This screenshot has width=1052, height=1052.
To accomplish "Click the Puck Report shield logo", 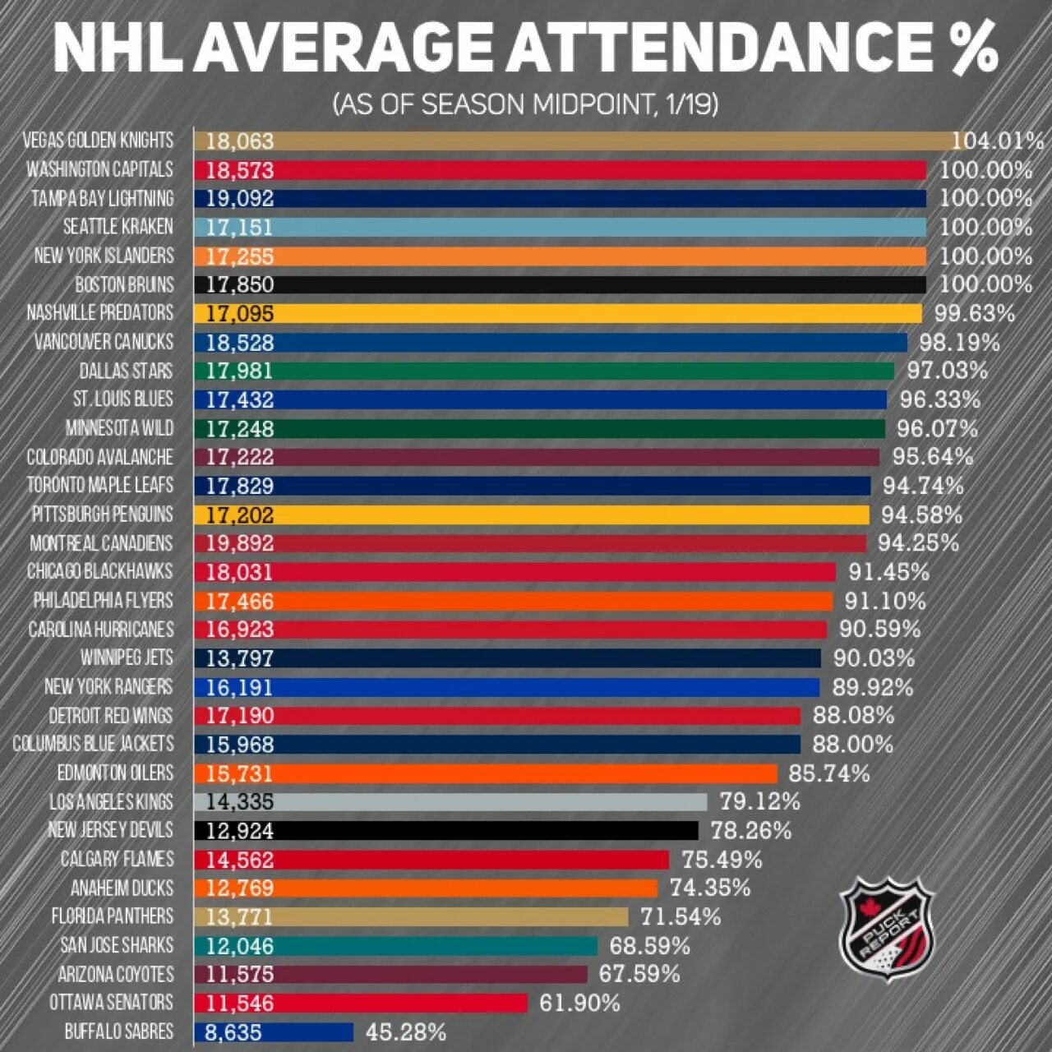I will point(887,929).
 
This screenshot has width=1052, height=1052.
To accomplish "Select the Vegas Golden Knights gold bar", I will point(575,141).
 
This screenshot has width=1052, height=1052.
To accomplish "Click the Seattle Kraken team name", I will point(118,227).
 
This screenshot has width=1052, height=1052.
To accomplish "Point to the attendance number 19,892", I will point(239,543).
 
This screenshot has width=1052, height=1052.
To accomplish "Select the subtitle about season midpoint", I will point(526,104).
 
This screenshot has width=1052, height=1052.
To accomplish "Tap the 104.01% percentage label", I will point(998,141).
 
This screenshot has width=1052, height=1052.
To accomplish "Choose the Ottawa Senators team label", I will point(111,1003).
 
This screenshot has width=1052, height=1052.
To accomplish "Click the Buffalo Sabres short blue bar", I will point(274,1032).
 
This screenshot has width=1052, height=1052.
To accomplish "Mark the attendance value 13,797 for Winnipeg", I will point(239,658).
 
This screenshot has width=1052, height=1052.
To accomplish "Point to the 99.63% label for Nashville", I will point(974,313).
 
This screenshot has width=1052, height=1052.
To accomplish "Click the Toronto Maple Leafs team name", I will point(100,485).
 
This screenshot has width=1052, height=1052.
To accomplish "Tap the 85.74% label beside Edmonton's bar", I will point(828,773).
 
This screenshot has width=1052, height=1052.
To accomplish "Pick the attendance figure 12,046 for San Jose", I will point(239,946).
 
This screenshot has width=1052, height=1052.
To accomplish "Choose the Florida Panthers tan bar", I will point(411,916).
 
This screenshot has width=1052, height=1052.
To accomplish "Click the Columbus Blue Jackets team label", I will point(94,744).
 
